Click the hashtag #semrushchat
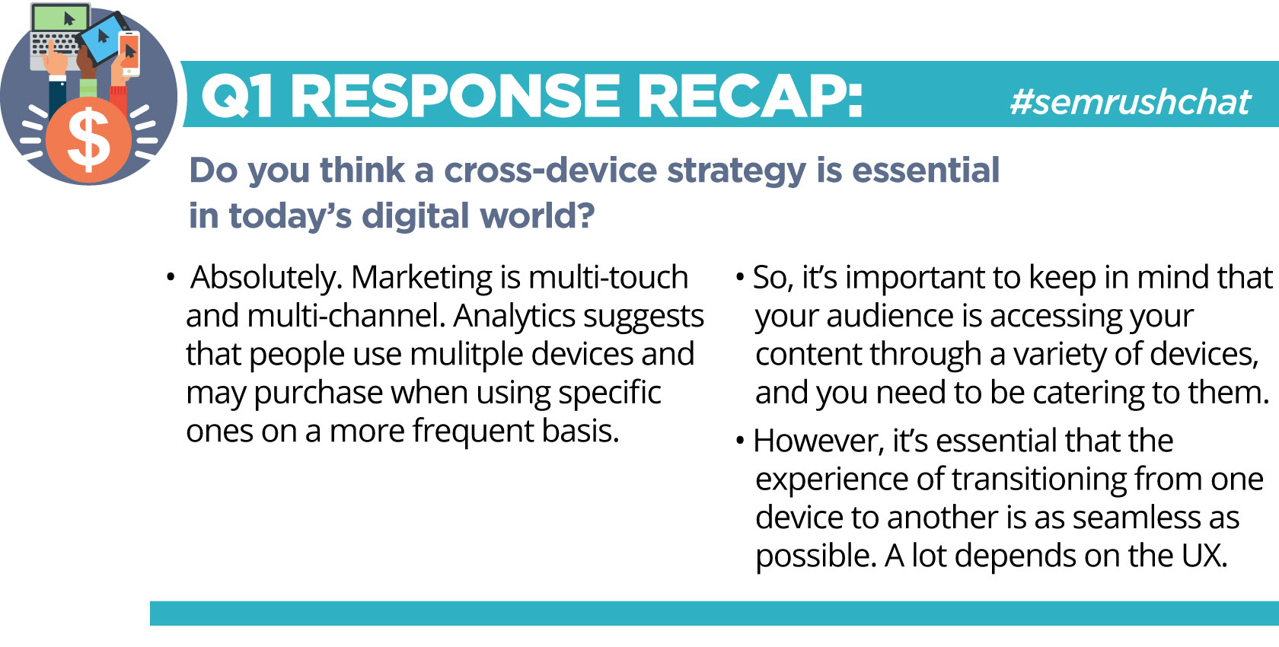point(1131,102)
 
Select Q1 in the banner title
point(236,97)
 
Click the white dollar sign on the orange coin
point(88,140)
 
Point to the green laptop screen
point(60,18)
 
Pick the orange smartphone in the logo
point(129,53)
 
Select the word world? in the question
point(537,215)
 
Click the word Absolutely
point(266,279)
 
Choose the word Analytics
point(514,317)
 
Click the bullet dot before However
point(741,441)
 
